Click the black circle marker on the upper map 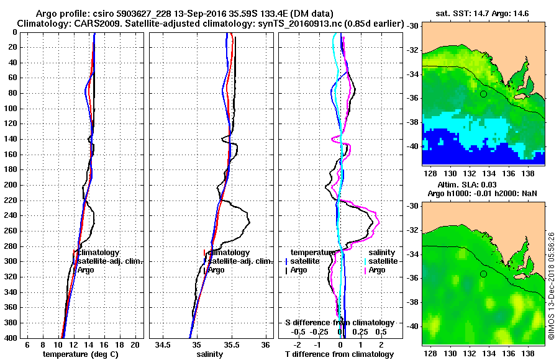pos(483,94)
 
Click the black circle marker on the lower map pos(483,274)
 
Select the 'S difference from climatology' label pos(339,323)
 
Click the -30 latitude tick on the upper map pos(412,26)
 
